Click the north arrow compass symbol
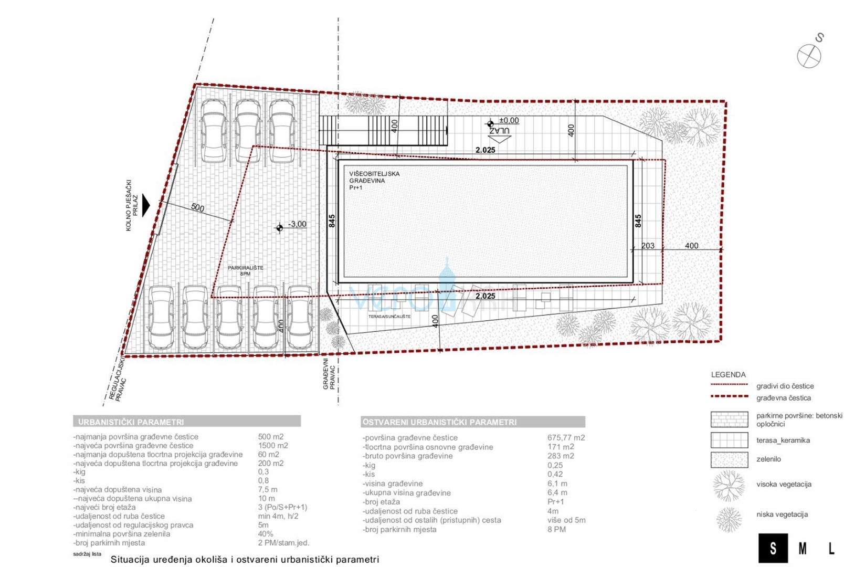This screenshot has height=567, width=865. [x=809, y=56]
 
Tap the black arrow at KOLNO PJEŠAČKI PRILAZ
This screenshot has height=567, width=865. [x=146, y=205]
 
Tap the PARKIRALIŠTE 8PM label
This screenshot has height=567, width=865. [x=245, y=270]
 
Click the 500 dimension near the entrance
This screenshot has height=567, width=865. [x=197, y=207]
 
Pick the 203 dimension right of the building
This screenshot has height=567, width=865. [x=648, y=246]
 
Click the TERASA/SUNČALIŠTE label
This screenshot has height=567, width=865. [x=389, y=317]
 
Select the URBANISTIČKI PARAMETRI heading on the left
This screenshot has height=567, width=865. [x=131, y=422]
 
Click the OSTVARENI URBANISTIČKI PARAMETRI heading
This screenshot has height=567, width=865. [x=439, y=422]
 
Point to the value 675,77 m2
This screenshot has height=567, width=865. [x=566, y=437]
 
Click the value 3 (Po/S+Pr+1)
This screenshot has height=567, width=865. [x=282, y=507]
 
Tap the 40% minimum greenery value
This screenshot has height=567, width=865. [x=266, y=534]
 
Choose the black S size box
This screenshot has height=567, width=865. [x=773, y=549]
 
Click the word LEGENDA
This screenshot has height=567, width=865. [x=728, y=375]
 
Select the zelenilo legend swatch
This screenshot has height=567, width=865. [x=729, y=459]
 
